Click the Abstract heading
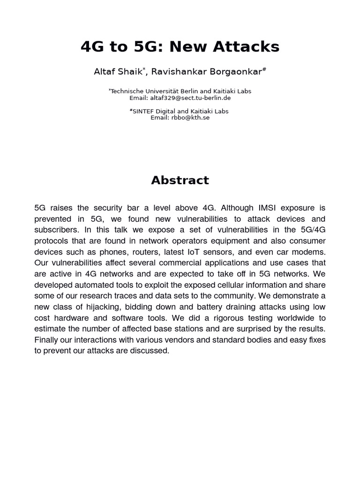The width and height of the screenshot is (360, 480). click(180, 180)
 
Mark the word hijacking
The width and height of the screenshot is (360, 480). click(105, 307)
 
